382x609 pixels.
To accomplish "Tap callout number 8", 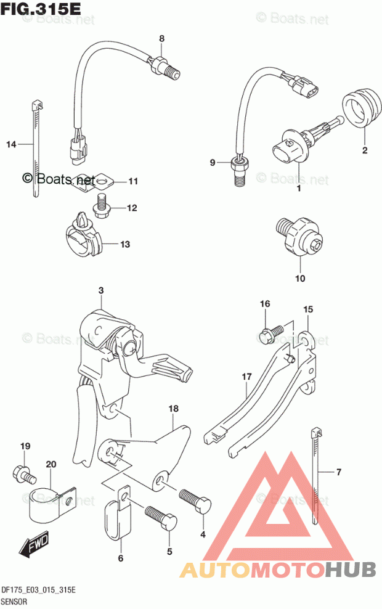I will pyautogui.click(x=162, y=38).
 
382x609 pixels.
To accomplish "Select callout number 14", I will pyautogui.click(x=10, y=144).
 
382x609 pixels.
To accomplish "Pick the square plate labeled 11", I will pyautogui.click(x=102, y=181).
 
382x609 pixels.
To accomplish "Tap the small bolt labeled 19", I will pyautogui.click(x=23, y=475).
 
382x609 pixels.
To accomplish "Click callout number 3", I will pyautogui.click(x=100, y=290).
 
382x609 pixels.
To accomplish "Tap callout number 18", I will pyautogui.click(x=173, y=408).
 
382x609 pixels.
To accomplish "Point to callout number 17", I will pyautogui.click(x=246, y=375).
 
